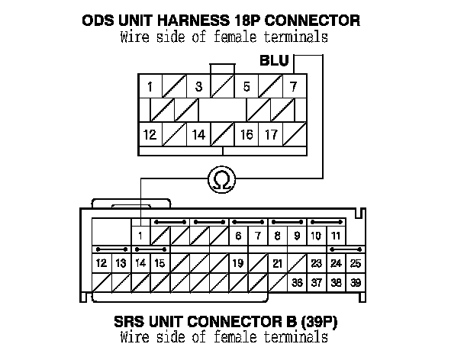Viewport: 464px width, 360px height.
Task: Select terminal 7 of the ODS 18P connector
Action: pos(293,86)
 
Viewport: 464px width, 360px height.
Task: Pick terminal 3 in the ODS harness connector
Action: pos(198,86)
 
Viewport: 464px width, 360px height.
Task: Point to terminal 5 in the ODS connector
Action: pos(246,86)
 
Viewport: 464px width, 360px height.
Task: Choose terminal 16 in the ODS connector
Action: pos(246,135)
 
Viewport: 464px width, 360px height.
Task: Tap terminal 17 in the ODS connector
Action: pos(270,135)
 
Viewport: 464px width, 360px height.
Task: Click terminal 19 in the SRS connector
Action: pos(238,263)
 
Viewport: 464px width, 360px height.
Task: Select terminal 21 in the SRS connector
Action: pos(278,263)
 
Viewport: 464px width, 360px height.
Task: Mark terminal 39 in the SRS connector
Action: pos(355,282)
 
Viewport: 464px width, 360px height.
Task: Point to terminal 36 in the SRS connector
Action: pos(297,282)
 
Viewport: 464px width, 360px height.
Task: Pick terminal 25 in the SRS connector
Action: pos(355,263)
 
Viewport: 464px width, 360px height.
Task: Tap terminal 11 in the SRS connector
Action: pos(335,236)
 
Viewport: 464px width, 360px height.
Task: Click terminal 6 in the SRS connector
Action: pos(238,236)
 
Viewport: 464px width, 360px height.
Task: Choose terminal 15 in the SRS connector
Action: pos(159,263)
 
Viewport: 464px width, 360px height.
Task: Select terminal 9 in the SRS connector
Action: pos(297,236)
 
